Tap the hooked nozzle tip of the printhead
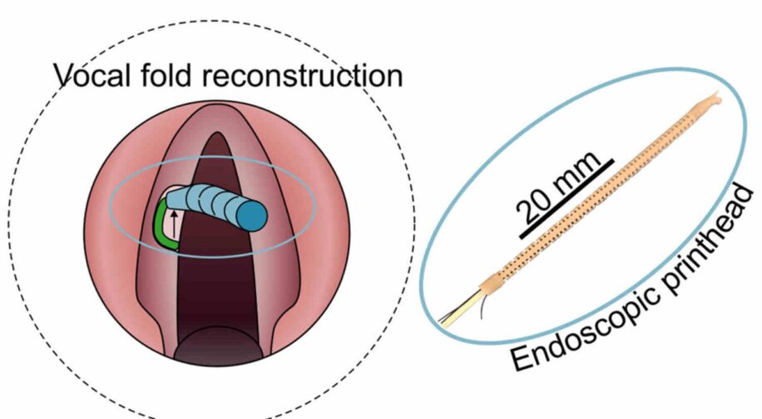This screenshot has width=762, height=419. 714,101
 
